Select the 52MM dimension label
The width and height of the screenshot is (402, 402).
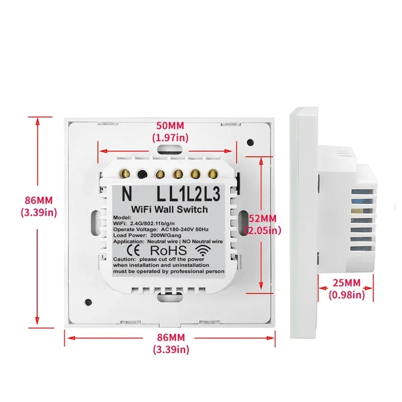[x=262, y=218]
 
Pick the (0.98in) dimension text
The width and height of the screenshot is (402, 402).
[x=346, y=295]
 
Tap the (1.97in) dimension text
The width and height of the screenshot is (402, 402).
[x=167, y=137]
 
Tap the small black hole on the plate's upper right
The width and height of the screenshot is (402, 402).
[x=250, y=142]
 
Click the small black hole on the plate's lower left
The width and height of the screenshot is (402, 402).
[x=88, y=303]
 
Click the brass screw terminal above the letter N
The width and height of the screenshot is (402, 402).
[x=123, y=174]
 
